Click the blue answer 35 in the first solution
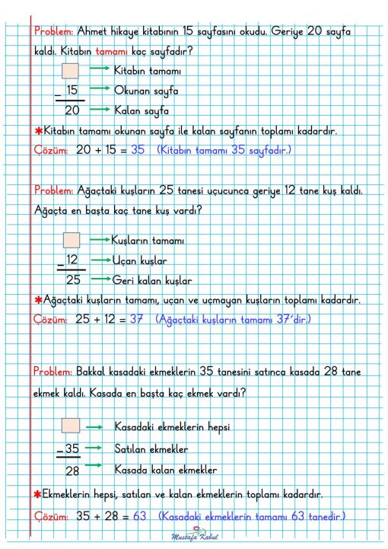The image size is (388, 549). point(137,150)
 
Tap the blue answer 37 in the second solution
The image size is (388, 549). point(136,320)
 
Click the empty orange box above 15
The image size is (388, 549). point(70,71)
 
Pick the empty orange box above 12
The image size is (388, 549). point(71,241)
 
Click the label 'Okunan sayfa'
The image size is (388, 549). point(145,91)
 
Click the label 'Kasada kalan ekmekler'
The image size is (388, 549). point(165,469)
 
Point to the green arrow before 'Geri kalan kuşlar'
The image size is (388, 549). point(99,278)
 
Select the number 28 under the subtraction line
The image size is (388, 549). point(72,471)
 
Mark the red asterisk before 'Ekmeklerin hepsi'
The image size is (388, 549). point(38,494)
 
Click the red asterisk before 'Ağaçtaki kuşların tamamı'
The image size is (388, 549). point(38,299)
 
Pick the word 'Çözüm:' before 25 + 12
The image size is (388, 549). point(52,320)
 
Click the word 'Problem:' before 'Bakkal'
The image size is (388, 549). point(53,372)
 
